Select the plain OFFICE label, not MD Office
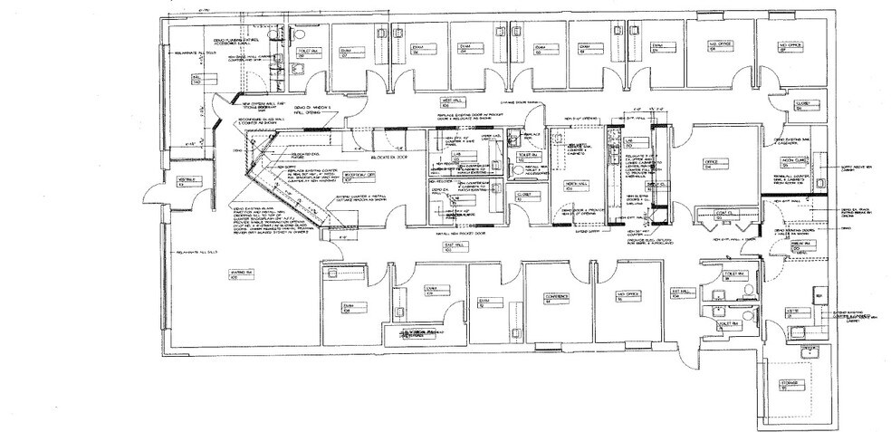pyautogui.click(x=711, y=164)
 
